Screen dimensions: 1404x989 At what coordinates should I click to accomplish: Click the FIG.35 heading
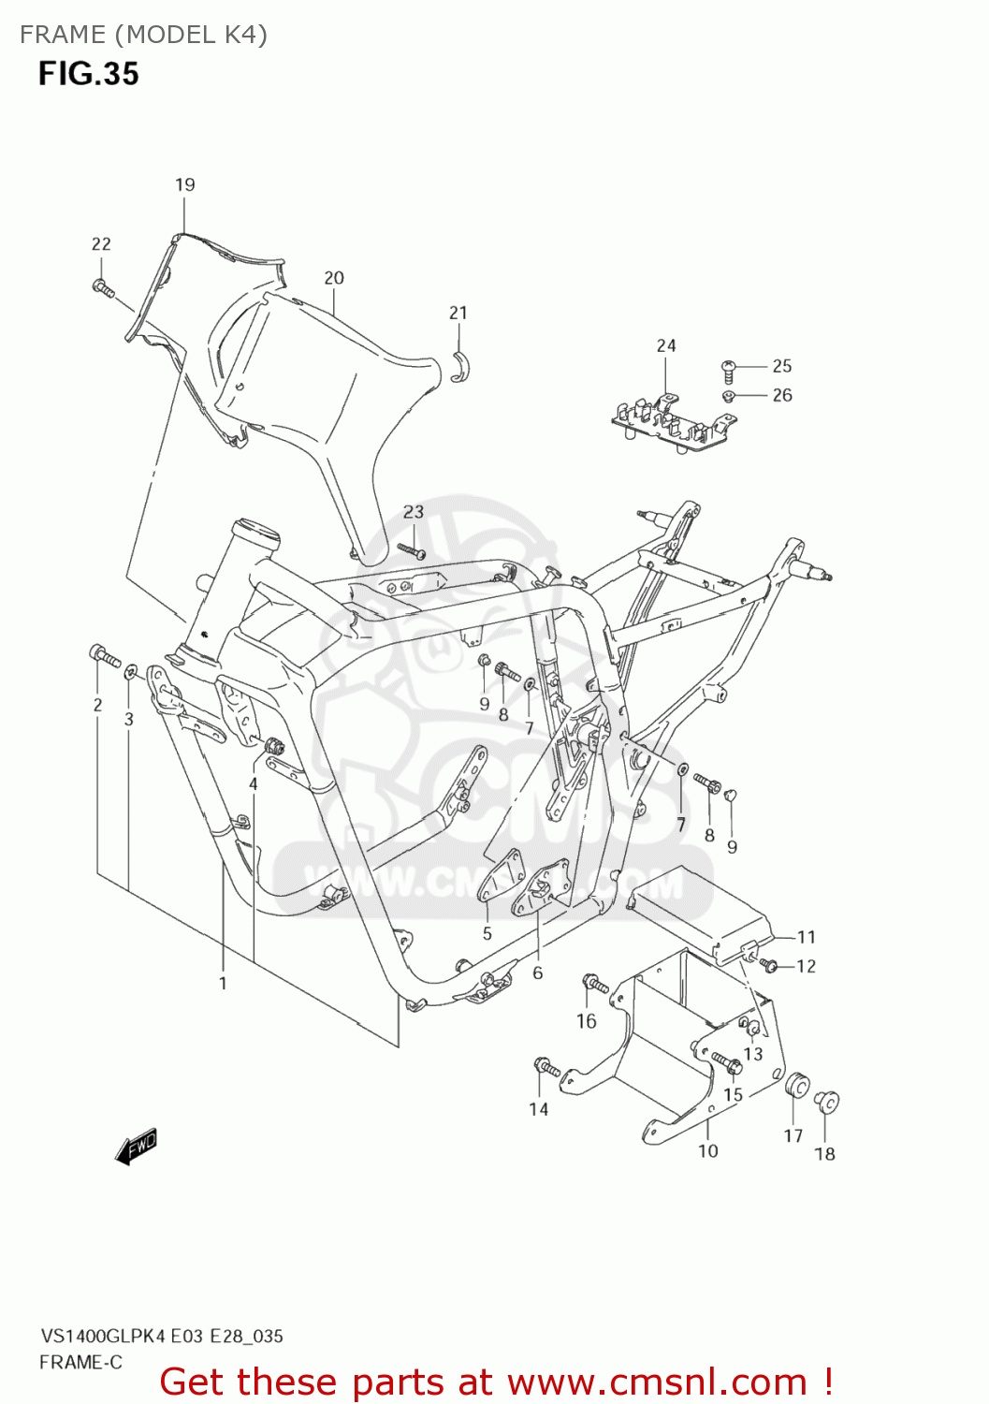coord(88,74)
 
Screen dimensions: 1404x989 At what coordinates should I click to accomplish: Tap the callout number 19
coord(184,184)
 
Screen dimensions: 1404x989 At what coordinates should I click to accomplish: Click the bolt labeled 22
coord(103,287)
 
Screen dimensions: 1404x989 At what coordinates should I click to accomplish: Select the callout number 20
coord(334,278)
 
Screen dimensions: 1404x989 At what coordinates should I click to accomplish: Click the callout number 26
coord(782,395)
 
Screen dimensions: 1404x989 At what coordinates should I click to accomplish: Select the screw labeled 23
coord(412,550)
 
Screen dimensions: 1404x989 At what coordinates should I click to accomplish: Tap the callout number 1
coord(223,983)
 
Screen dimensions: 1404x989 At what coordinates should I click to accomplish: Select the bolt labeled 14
coord(545,1067)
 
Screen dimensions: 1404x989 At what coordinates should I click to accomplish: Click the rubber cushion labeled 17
coord(797,1087)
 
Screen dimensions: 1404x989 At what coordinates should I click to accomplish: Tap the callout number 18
coord(824,1154)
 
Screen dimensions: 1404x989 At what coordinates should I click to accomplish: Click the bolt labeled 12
coord(769,964)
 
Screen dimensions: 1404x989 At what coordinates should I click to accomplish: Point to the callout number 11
coord(807,937)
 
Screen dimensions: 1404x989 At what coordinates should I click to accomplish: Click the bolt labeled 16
coord(594,983)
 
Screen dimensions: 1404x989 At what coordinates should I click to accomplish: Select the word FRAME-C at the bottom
coord(80,1363)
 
